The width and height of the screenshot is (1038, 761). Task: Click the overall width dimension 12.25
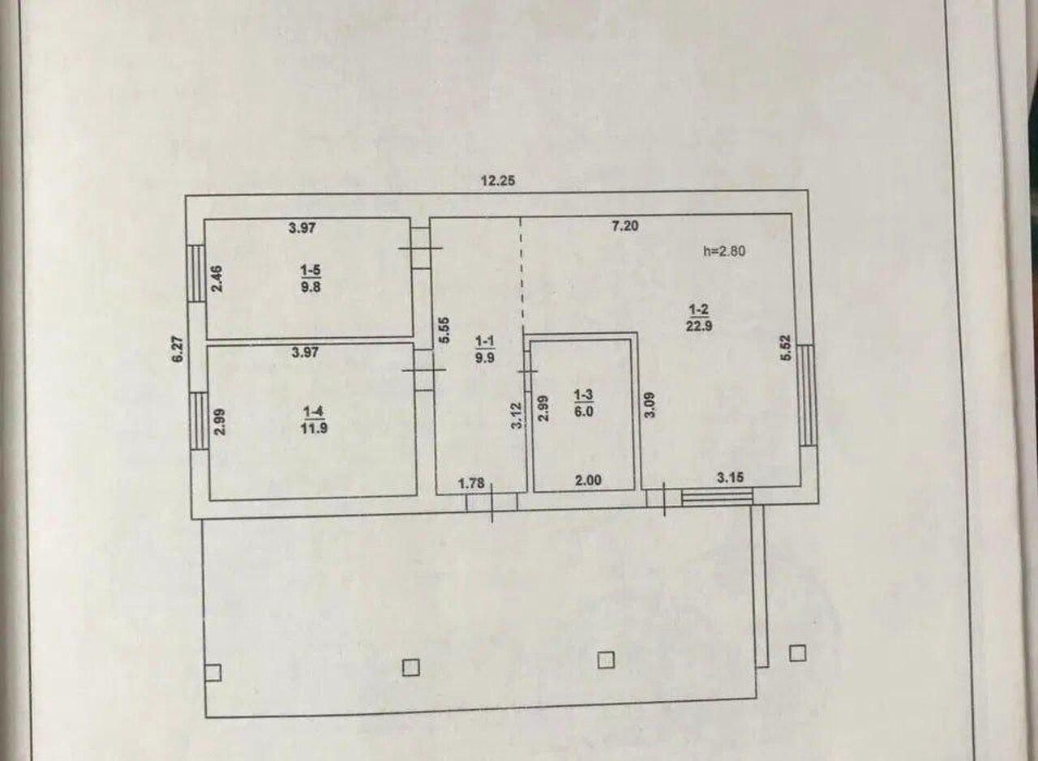498,180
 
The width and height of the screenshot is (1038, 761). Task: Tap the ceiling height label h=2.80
724,250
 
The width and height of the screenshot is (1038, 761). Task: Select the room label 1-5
311,270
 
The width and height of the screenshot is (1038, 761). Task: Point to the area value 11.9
314,427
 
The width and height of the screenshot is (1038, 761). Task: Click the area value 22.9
699,326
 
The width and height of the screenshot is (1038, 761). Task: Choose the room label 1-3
583,395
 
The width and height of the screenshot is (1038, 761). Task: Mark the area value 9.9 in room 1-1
485,358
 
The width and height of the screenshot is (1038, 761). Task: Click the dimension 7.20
625,226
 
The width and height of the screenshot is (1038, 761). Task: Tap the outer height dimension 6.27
178,348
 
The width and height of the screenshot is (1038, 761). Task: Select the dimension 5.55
444,330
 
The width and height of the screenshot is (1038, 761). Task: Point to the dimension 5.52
786,348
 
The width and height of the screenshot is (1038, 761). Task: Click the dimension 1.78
471,484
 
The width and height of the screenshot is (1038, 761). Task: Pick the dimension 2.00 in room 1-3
588,481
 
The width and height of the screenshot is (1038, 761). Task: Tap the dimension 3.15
731,477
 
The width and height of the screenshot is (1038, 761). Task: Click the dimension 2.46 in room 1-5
217,278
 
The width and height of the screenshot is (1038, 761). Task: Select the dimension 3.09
650,405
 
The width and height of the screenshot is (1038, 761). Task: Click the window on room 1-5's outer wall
196,273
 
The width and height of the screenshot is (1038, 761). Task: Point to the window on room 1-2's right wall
807,395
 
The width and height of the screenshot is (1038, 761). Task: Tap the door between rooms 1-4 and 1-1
424,370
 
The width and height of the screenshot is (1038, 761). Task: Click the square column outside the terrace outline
797,653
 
